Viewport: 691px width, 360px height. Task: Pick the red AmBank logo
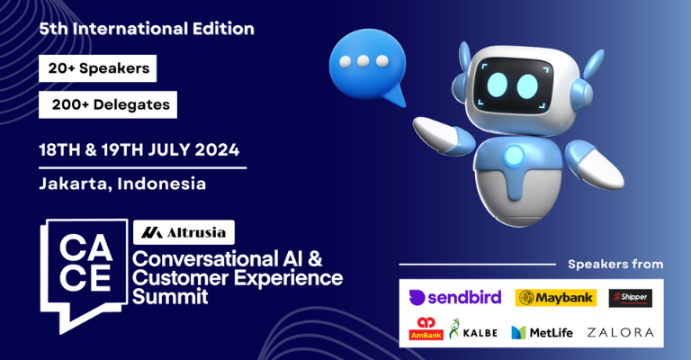(x=426, y=330)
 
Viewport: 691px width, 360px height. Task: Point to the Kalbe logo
(x=474, y=331)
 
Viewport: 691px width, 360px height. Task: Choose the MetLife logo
(x=543, y=332)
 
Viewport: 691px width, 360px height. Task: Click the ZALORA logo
(x=620, y=332)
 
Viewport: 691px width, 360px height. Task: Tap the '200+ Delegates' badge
(x=108, y=104)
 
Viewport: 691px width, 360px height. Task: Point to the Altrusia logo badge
(x=184, y=232)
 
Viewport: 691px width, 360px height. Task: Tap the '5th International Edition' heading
(x=147, y=29)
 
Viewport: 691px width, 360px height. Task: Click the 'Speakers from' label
(x=615, y=264)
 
